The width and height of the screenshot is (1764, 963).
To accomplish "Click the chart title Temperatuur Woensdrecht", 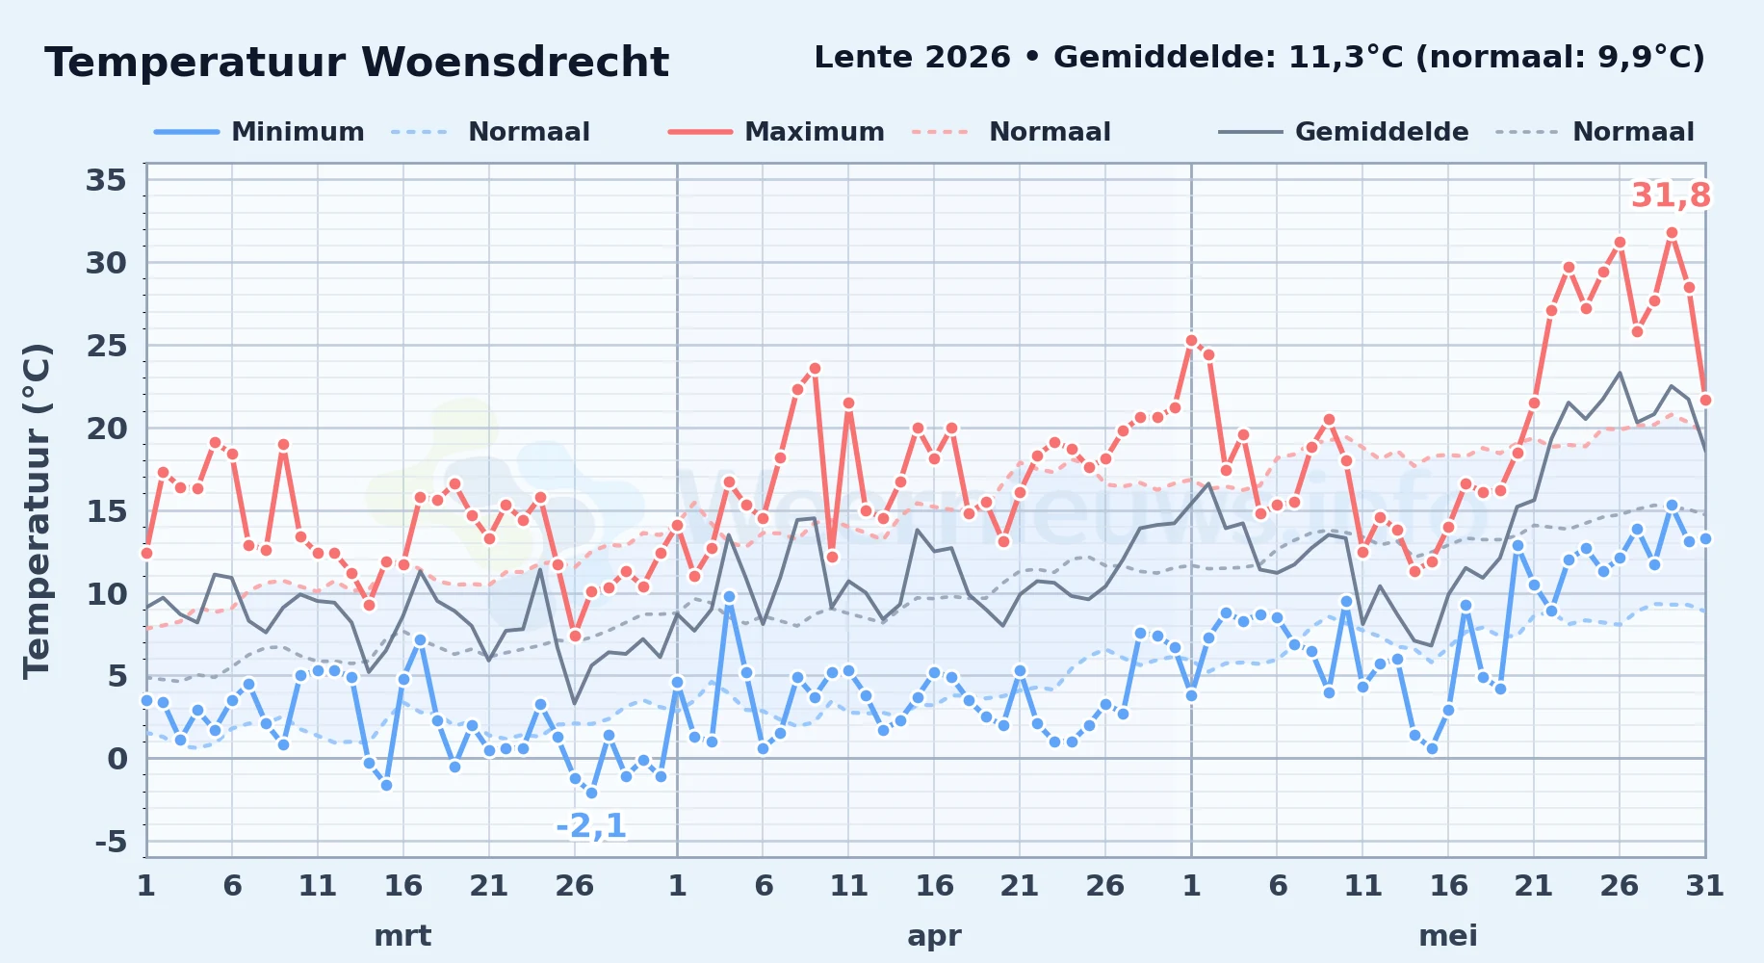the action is tap(356, 63).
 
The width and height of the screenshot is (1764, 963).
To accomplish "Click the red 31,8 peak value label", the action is tap(1671, 195).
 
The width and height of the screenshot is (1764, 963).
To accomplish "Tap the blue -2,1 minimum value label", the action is tap(591, 825).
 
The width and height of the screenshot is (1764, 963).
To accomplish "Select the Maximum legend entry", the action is tap(776, 132).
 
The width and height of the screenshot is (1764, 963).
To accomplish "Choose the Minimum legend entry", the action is tap(259, 132).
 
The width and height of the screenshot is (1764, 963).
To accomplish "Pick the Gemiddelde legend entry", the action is tap(1343, 132).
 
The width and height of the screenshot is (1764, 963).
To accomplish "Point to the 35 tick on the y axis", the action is tap(106, 180).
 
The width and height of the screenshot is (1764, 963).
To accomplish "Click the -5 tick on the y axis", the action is tap(111, 843).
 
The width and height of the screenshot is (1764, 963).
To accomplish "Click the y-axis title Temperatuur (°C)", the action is tap(37, 510).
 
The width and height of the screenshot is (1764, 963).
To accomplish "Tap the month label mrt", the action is tap(402, 936).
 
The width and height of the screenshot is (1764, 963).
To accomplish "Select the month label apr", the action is tap(934, 936).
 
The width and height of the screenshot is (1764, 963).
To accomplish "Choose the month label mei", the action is tap(1448, 936).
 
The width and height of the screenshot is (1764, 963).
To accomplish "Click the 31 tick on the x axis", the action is tap(1704, 886).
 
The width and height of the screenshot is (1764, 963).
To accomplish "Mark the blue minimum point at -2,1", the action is tap(591, 793).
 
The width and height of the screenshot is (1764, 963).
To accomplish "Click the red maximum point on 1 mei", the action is tap(1191, 340).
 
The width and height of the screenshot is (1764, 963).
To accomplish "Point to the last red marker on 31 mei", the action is tap(1705, 400).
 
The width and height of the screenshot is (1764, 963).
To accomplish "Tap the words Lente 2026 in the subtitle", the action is tap(912, 58).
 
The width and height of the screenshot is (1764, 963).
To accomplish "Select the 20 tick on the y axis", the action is tap(106, 429).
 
